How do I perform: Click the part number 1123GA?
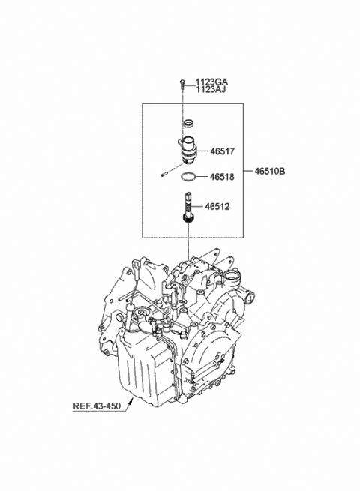[x=211, y=82]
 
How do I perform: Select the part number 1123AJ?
[x=211, y=90]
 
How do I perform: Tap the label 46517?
[x=222, y=151]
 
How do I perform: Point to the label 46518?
[x=222, y=177]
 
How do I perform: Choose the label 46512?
[x=217, y=207]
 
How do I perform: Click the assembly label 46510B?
[x=270, y=171]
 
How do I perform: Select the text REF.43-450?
[x=97, y=406]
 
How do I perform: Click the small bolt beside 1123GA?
[x=181, y=84]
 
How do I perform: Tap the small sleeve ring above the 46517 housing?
[x=188, y=124]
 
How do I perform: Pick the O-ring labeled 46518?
[x=189, y=177]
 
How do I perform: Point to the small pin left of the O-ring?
[x=166, y=173]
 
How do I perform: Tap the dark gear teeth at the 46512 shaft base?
[x=188, y=219]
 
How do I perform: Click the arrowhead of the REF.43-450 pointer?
[x=131, y=400]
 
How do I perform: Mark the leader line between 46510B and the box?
[x=248, y=171]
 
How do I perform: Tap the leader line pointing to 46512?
[x=198, y=207]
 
